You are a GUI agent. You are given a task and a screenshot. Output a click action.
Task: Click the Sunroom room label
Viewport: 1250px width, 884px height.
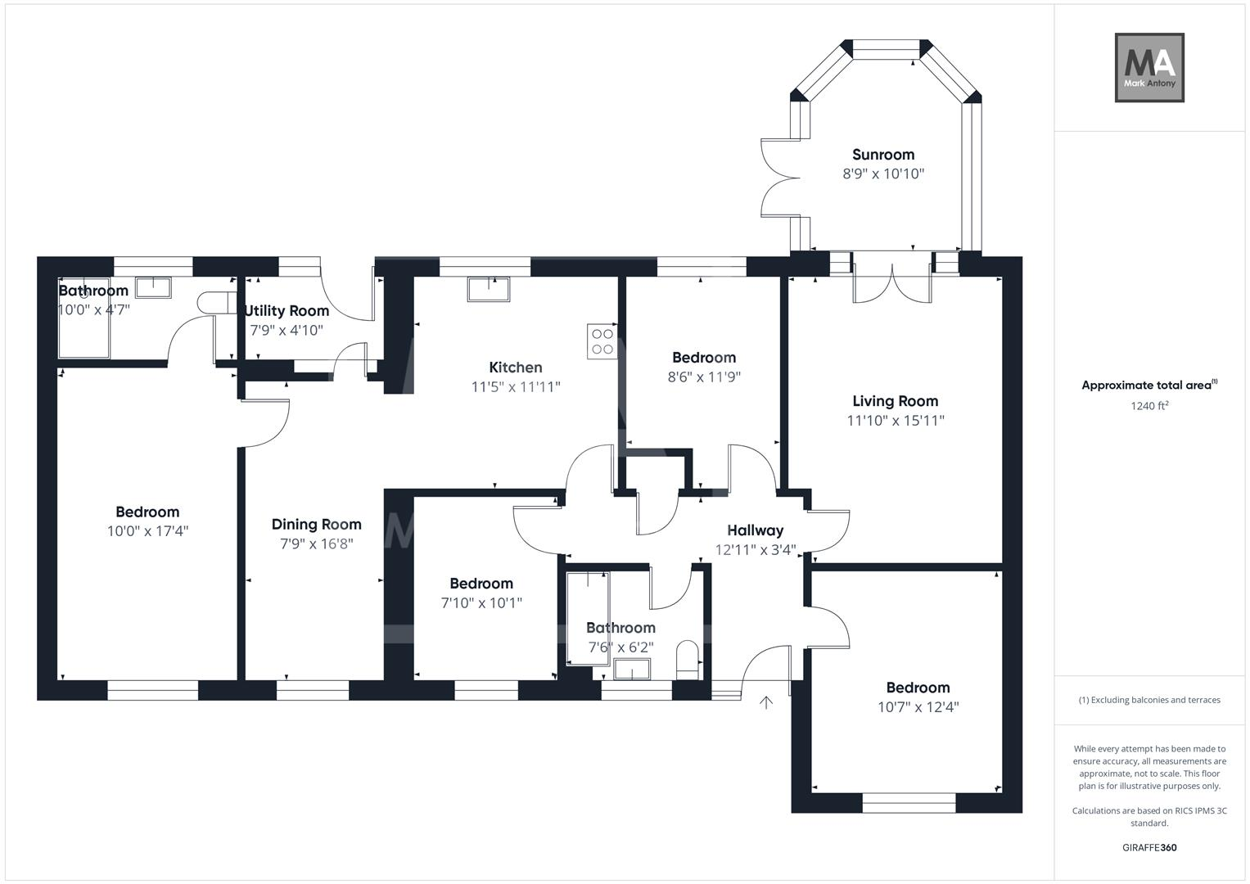pos(882,155)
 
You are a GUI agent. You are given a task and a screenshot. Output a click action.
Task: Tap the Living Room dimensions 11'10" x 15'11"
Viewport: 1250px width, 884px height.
pos(896,421)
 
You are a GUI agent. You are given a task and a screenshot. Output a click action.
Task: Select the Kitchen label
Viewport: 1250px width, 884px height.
pos(516,368)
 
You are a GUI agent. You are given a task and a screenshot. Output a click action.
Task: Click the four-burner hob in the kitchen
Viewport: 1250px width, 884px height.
pos(602,341)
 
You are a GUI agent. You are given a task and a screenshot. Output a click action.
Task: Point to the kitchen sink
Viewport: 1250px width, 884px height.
pos(489,288)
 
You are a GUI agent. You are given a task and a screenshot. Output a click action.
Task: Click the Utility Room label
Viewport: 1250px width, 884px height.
pos(287,311)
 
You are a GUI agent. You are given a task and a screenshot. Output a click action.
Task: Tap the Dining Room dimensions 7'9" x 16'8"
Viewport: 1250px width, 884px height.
pos(316,544)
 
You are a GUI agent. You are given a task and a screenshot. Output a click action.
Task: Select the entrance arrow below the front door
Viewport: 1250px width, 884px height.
pos(766,702)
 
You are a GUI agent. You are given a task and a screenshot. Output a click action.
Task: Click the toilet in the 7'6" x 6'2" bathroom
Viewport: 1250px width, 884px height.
pos(688,660)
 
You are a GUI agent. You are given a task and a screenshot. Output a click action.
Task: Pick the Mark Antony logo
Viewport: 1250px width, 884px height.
pos(1149,68)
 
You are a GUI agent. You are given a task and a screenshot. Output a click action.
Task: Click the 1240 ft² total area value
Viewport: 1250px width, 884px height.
pos(1149,405)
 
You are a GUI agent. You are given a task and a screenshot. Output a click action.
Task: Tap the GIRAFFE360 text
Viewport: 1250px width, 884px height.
pos(1149,847)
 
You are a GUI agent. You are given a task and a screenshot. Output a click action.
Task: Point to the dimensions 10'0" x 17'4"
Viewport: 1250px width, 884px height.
pos(147,531)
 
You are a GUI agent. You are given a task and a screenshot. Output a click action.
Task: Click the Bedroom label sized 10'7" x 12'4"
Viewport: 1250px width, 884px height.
pos(918,688)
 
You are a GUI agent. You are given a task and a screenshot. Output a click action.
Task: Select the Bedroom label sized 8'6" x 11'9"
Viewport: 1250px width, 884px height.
pos(703,358)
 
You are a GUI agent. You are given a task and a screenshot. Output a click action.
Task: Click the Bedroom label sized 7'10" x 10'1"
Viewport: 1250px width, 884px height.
pos(481,584)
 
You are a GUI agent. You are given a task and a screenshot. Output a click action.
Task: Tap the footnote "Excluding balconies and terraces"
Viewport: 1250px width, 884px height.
pos(1149,700)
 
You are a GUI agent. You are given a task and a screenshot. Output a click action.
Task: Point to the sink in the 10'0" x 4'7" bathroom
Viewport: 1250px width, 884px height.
pos(153,286)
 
